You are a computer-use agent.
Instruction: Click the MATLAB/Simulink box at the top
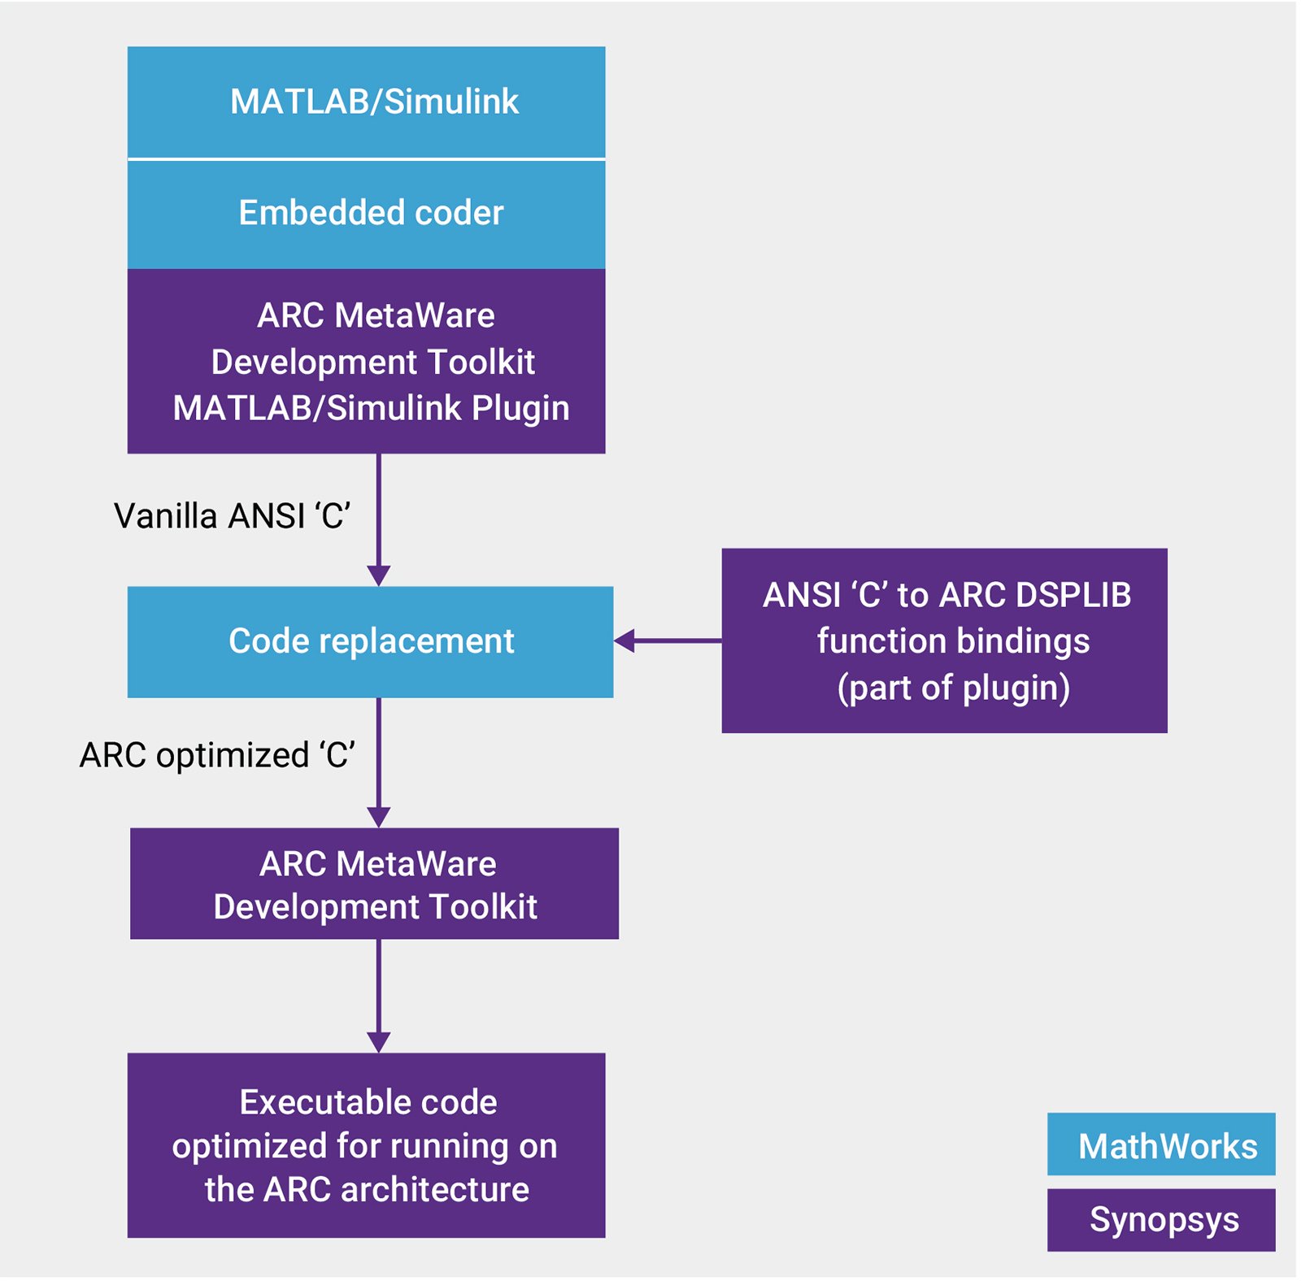point(366,102)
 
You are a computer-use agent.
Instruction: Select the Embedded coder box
point(366,213)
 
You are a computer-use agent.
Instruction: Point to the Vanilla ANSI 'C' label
point(232,516)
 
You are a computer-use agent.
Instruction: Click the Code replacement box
point(370,641)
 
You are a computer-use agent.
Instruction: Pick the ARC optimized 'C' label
point(217,755)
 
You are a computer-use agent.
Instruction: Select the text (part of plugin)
point(953,688)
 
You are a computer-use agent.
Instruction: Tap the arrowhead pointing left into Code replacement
point(624,641)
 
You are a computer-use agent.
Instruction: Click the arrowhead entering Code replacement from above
point(379,575)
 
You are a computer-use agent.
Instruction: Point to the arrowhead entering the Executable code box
point(379,1042)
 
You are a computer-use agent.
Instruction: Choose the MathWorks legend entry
point(1161,1144)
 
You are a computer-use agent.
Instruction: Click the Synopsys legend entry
point(1161,1220)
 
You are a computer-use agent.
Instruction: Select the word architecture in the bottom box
point(435,1190)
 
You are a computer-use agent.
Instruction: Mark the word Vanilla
point(166,516)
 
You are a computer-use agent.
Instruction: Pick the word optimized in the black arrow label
point(233,755)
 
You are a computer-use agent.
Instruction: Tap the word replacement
point(416,641)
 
